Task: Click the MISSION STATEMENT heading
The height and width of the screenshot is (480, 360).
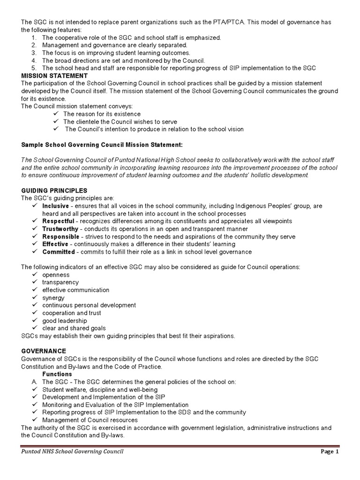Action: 54,75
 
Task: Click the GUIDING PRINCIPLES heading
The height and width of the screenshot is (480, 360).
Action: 54,191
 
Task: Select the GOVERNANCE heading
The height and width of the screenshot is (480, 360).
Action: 44,351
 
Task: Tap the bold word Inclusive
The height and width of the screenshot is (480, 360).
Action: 55,206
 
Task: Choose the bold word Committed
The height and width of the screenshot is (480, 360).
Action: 58,252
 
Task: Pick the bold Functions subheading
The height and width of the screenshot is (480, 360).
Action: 57,374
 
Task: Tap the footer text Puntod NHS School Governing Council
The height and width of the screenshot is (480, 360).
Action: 73,452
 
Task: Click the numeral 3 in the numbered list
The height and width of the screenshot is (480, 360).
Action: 34,53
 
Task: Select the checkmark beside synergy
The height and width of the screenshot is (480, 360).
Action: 35,298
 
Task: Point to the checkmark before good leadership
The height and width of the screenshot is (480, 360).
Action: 35,321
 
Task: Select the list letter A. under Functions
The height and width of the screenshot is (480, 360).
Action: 34,382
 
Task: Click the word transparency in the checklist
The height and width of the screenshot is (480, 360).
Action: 60,282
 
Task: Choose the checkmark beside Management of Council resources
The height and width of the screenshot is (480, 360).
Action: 35,420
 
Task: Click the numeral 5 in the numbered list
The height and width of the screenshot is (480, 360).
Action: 34,68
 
